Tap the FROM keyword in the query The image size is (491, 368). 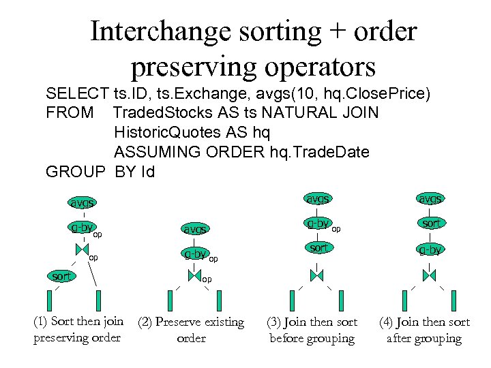69,112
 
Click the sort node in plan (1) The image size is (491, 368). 61,276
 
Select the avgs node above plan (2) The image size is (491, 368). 194,230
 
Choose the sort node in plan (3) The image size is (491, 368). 318,248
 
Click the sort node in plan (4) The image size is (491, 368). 430,224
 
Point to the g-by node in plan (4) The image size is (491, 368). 430,249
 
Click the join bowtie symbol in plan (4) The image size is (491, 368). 429,275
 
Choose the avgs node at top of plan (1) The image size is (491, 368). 82,202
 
